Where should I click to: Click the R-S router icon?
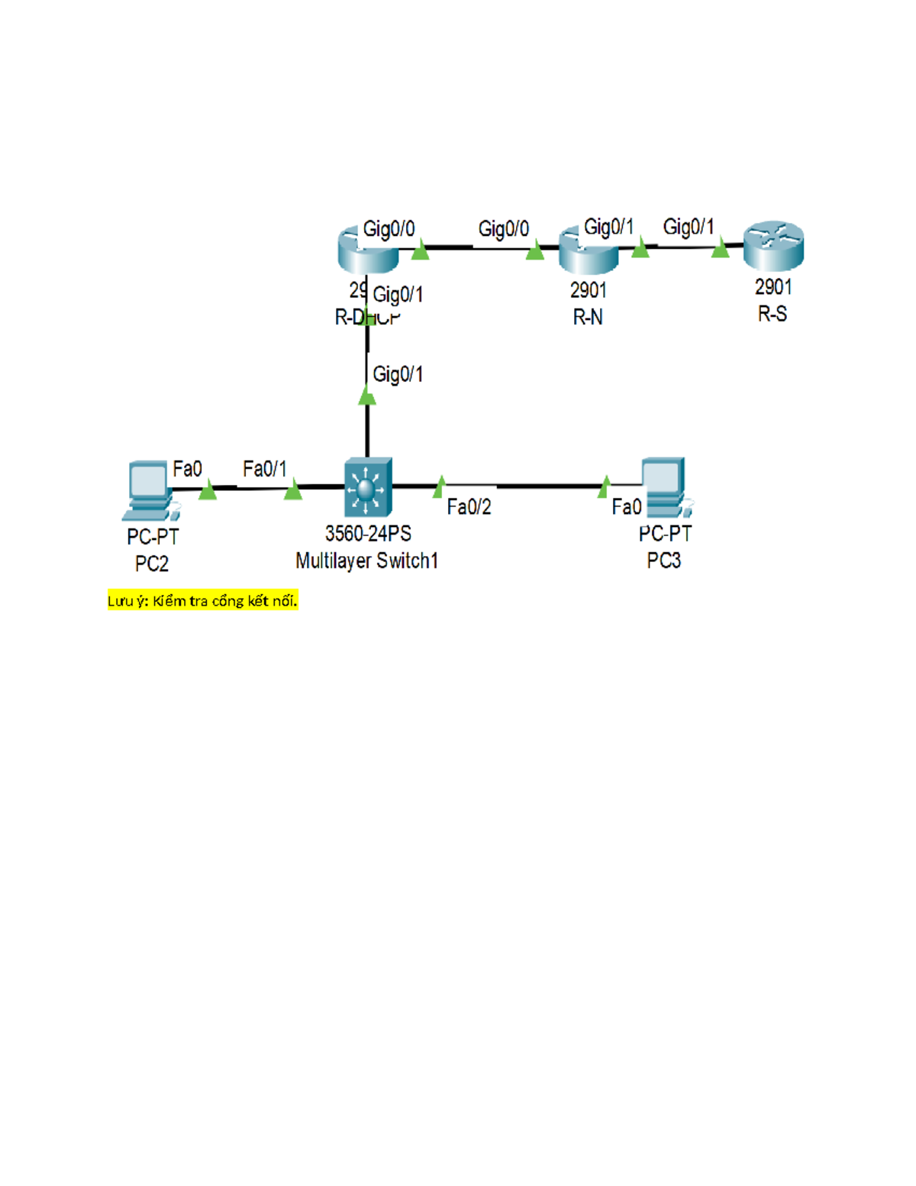pyautogui.click(x=773, y=246)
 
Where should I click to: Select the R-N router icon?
pyautogui.click(x=589, y=250)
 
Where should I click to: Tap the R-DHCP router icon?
pyautogui.click(x=368, y=250)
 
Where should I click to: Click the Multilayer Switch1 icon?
pyautogui.click(x=368, y=487)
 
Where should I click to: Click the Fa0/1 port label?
pyautogui.click(x=264, y=469)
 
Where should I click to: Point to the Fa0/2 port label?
pyautogui.click(x=469, y=507)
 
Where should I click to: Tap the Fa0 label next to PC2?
pyautogui.click(x=187, y=469)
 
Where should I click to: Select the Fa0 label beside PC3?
pyautogui.click(x=626, y=507)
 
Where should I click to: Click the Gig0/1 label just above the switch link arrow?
pyautogui.click(x=398, y=374)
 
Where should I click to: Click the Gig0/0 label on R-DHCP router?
pyautogui.click(x=389, y=229)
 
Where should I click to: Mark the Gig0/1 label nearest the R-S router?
pyautogui.click(x=689, y=227)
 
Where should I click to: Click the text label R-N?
pyautogui.click(x=588, y=318)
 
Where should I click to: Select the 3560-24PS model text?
pyautogui.click(x=368, y=534)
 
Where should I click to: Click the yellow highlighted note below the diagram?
pyautogui.click(x=202, y=601)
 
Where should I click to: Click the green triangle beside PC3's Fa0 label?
pyautogui.click(x=605, y=486)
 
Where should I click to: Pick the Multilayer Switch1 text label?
pyautogui.click(x=367, y=561)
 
